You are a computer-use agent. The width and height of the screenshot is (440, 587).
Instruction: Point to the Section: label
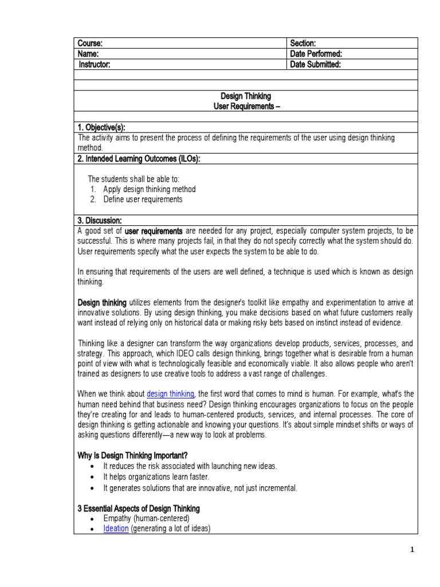point(303,44)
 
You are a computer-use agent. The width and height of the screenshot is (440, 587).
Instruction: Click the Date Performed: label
point(316,54)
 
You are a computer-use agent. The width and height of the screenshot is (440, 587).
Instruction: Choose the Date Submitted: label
point(315,65)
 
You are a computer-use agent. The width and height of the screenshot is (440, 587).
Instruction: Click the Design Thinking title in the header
point(246,96)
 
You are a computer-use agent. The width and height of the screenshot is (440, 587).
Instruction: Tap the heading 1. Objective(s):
point(101,127)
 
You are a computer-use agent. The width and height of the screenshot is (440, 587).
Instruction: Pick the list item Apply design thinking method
point(149,189)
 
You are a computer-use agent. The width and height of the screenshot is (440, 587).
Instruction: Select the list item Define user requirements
point(143,199)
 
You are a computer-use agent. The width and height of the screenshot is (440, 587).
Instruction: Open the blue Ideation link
point(116,529)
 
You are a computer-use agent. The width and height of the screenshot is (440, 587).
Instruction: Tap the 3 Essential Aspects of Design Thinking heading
point(138,508)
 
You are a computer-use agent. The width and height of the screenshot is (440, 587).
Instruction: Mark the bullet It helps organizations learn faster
point(156,476)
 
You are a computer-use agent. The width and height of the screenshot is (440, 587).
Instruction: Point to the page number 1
point(411,550)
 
